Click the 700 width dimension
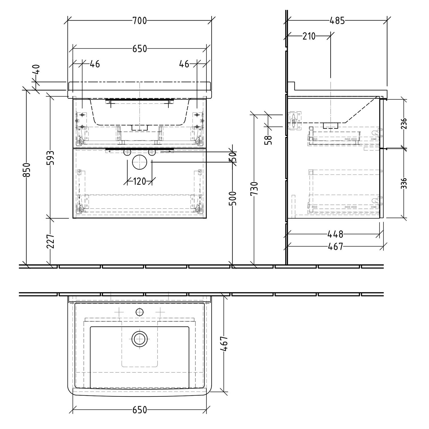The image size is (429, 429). point(139,21)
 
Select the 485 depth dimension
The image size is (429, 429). point(337,21)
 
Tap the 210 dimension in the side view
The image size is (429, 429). point(309,36)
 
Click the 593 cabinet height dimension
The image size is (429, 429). point(50,158)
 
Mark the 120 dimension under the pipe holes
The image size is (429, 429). point(140,181)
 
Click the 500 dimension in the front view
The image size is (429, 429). point(233,198)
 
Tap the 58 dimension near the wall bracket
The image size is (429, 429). point(269,140)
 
